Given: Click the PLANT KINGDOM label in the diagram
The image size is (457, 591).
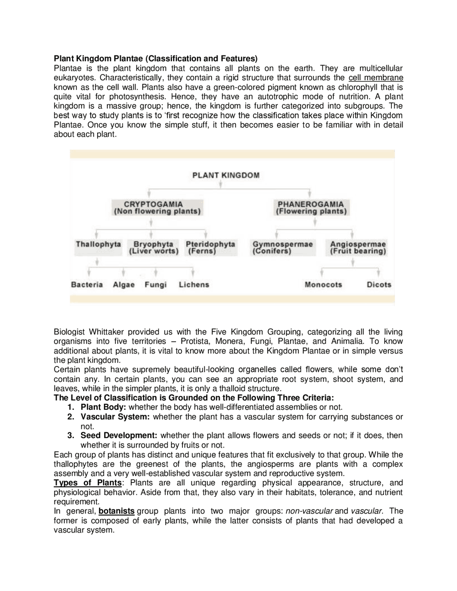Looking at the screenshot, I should tap(226, 175).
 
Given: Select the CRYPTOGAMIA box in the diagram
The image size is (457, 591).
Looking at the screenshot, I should tap(157, 208).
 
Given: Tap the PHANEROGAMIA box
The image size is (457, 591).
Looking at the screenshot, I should tap(311, 208).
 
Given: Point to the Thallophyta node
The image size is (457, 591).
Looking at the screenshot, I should tap(98, 244).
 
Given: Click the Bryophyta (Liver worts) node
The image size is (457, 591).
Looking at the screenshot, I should tap(154, 248).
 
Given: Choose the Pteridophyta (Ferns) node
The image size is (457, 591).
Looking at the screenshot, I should tap(210, 248).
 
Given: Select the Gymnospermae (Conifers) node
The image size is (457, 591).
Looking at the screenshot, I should tap(283, 248).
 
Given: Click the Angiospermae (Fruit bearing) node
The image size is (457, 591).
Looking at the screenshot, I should tap(358, 248).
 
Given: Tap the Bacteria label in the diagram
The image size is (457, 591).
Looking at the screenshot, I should tap(87, 285).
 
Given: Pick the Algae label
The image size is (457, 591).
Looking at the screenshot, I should tap(124, 285).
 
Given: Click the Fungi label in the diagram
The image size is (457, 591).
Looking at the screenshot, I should tap(156, 285).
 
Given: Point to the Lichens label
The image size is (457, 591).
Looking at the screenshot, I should tap(194, 285).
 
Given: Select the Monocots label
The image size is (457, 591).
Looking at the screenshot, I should tap(323, 285).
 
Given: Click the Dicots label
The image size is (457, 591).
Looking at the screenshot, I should tap(379, 285).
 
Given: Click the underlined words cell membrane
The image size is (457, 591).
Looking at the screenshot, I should tap(376, 78).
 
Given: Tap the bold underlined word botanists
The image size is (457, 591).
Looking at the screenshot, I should tap(116, 511).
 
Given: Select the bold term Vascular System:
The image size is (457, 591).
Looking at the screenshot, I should tap(115, 417).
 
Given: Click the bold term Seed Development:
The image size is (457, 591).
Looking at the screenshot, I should tap(119, 435).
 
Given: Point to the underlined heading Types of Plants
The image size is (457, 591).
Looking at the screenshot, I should tap(87, 483).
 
